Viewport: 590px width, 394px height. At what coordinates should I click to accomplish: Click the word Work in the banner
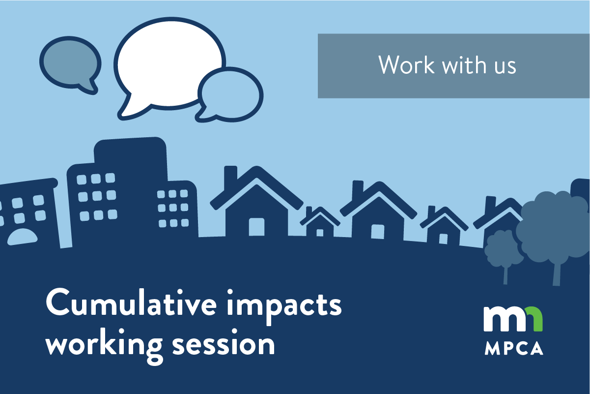tap(406, 65)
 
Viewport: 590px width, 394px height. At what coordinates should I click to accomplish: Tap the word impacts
tap(284, 306)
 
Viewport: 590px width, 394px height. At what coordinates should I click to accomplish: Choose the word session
tap(224, 343)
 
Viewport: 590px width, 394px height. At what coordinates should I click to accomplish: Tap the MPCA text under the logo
tap(514, 348)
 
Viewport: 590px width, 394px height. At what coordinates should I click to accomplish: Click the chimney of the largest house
tap(230, 177)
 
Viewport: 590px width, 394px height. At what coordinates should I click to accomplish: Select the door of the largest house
tap(256, 227)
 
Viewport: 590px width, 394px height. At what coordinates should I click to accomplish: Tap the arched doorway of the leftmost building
tap(22, 237)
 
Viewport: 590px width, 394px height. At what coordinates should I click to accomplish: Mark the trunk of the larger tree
tap(556, 273)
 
